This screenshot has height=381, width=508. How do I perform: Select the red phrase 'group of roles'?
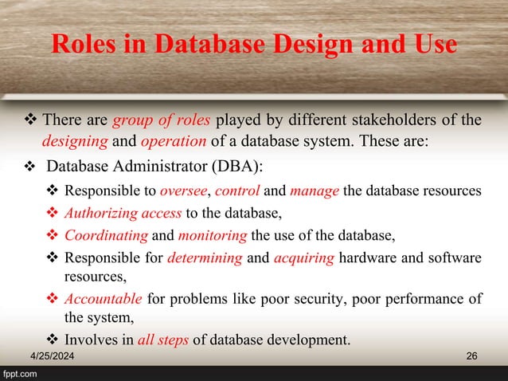coord(162,121)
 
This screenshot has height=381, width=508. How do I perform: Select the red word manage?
coord(313,192)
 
